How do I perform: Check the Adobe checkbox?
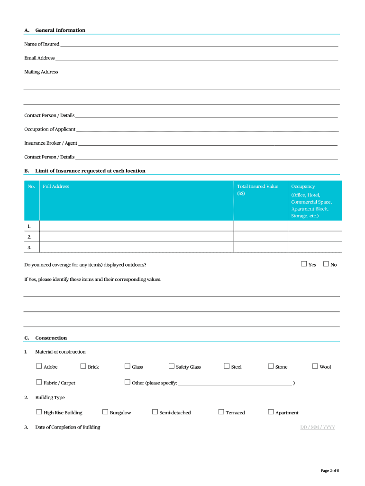39,366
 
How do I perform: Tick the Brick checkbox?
83,366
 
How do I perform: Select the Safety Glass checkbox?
171,366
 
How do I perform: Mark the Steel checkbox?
227,366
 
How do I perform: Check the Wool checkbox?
315,366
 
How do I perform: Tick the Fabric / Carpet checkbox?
39,382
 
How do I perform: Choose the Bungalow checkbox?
105,412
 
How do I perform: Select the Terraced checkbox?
221,412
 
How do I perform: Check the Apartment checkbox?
271,412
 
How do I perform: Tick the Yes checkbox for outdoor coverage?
304,264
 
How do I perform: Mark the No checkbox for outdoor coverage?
326,264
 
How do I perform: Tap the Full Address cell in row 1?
137,226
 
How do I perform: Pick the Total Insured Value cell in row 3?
261,247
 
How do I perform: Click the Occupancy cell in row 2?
315,236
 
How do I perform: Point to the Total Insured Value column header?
258,189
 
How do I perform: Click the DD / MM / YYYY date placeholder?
318,427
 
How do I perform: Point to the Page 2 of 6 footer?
330,470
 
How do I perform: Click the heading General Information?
60,30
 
